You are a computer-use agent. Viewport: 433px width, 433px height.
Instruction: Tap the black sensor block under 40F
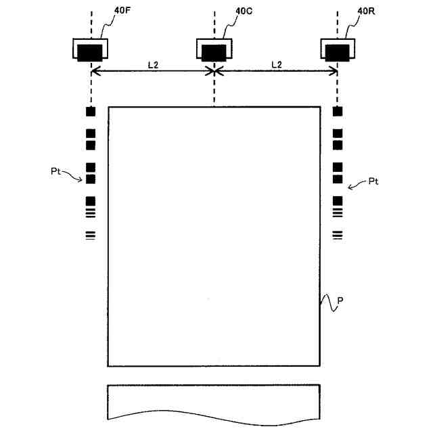(x=90, y=51)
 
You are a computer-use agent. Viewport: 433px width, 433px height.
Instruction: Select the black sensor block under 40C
(x=214, y=51)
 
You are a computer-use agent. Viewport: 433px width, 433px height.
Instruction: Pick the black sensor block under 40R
(x=338, y=51)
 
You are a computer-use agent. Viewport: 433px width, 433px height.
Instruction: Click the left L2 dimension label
(x=153, y=64)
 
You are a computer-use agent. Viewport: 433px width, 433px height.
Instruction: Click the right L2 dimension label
(x=276, y=64)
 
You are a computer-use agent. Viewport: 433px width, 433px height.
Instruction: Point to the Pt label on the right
(x=375, y=182)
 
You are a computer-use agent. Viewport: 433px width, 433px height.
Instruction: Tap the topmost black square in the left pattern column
(x=91, y=112)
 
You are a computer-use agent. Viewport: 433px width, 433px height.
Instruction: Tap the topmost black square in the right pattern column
(x=338, y=112)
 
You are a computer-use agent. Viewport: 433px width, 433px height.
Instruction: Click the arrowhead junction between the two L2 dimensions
(x=214, y=70)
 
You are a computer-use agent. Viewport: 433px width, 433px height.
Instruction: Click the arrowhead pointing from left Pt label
(x=81, y=179)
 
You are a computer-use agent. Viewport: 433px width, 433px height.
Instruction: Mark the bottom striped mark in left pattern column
(x=91, y=235)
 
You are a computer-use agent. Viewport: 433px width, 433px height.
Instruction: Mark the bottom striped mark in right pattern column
(x=338, y=235)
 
